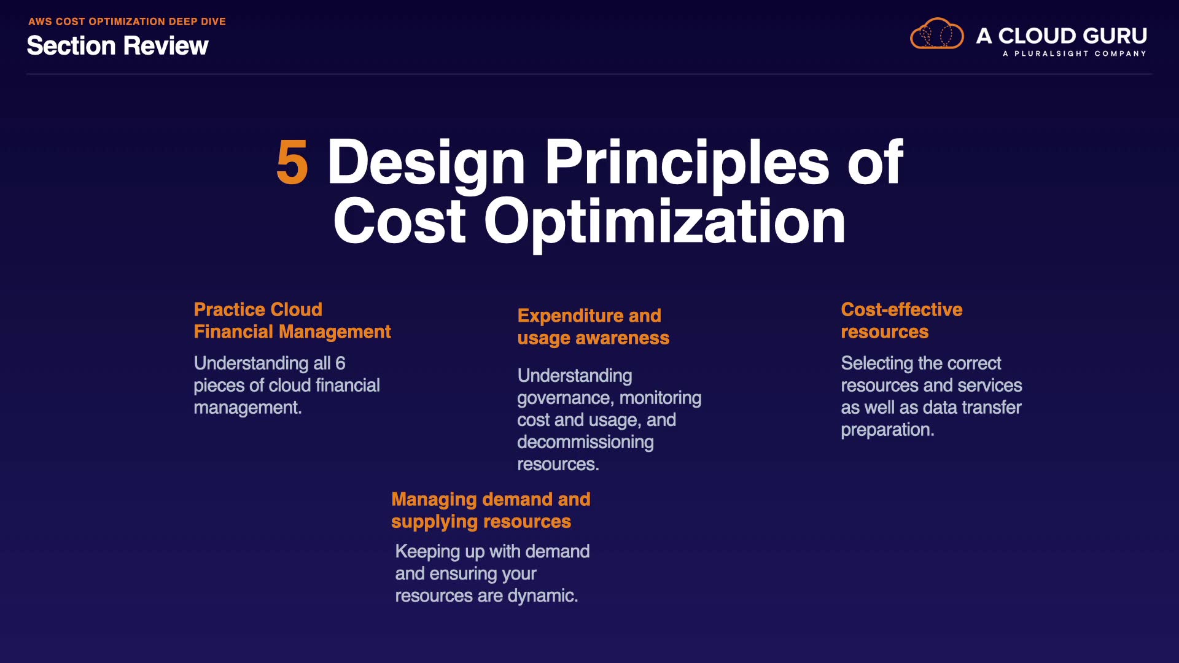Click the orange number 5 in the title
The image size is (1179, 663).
(292, 162)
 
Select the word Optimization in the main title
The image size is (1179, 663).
(665, 222)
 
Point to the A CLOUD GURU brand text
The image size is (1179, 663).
(1062, 36)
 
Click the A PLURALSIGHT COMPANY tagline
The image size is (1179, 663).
(1075, 53)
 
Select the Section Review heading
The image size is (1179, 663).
(118, 46)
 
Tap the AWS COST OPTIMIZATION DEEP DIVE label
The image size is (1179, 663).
(127, 21)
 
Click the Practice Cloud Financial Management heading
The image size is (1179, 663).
(292, 320)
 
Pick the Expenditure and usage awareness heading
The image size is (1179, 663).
(593, 327)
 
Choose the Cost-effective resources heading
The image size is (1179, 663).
(901, 320)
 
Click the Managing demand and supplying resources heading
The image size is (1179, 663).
(491, 510)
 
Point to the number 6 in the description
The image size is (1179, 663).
(340, 363)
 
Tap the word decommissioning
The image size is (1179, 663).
(585, 442)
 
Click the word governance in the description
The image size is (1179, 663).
(566, 398)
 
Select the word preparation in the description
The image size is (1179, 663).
(887, 430)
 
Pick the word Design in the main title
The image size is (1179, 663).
(426, 163)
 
